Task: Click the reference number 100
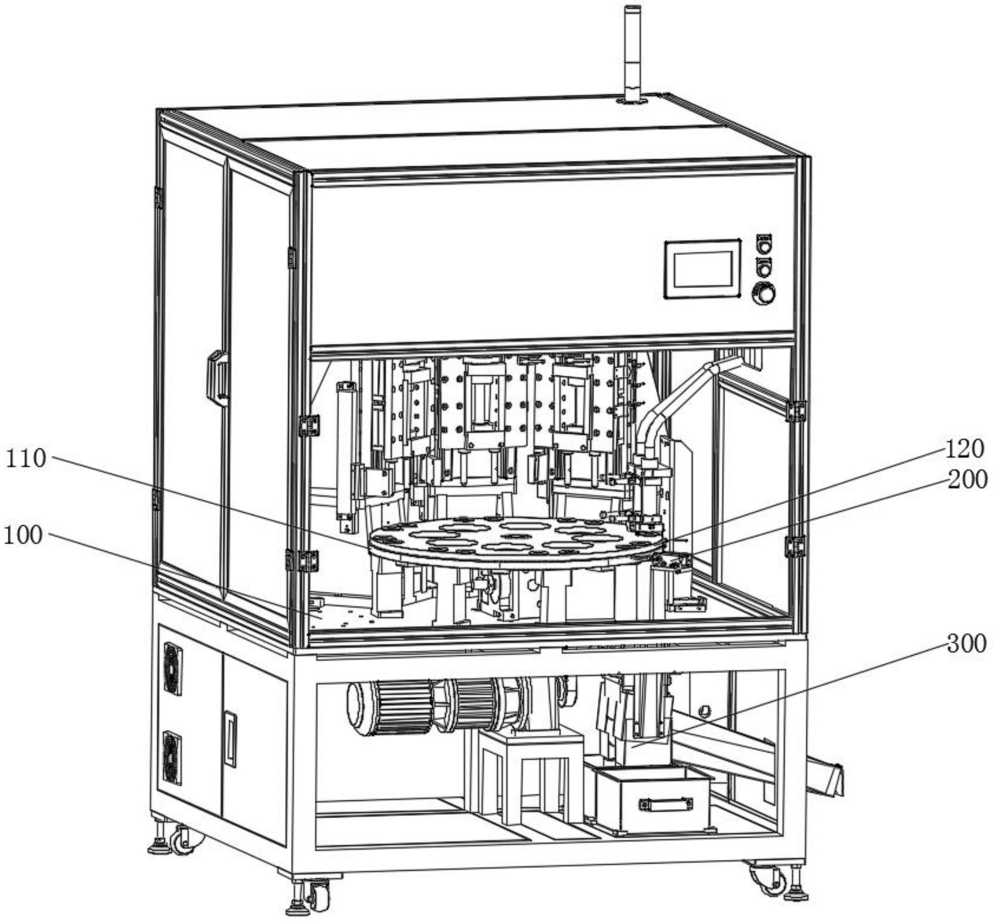(23, 536)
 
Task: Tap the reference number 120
(965, 449)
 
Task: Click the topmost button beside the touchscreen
(764, 243)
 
